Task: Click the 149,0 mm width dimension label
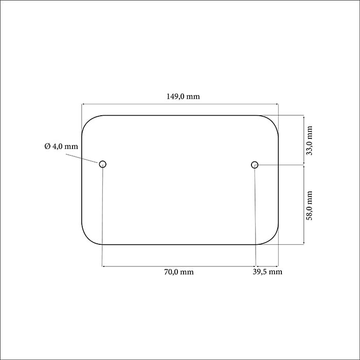183,96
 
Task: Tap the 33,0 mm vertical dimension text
310,140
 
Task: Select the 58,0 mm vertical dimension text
310,206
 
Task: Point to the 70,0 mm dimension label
179,272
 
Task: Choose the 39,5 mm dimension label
267,272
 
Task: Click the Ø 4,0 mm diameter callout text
61,146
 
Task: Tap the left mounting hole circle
103,164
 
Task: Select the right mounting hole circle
255,165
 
